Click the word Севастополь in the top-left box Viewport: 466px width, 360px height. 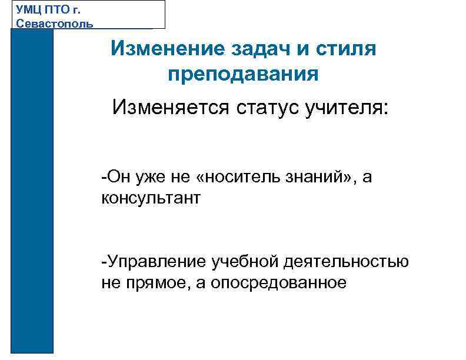click(54, 23)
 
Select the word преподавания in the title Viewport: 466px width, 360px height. click(243, 75)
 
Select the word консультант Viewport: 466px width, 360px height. click(151, 198)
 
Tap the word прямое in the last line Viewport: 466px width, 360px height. click(152, 282)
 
